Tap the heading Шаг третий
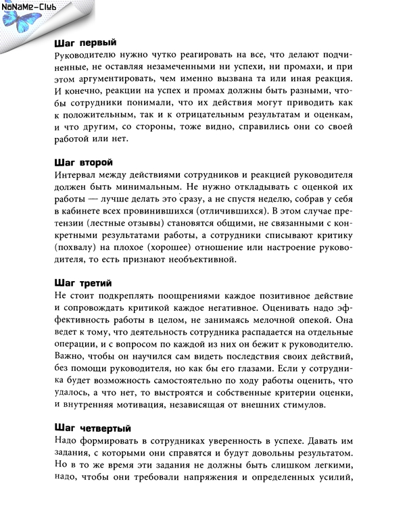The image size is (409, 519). tap(82, 282)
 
